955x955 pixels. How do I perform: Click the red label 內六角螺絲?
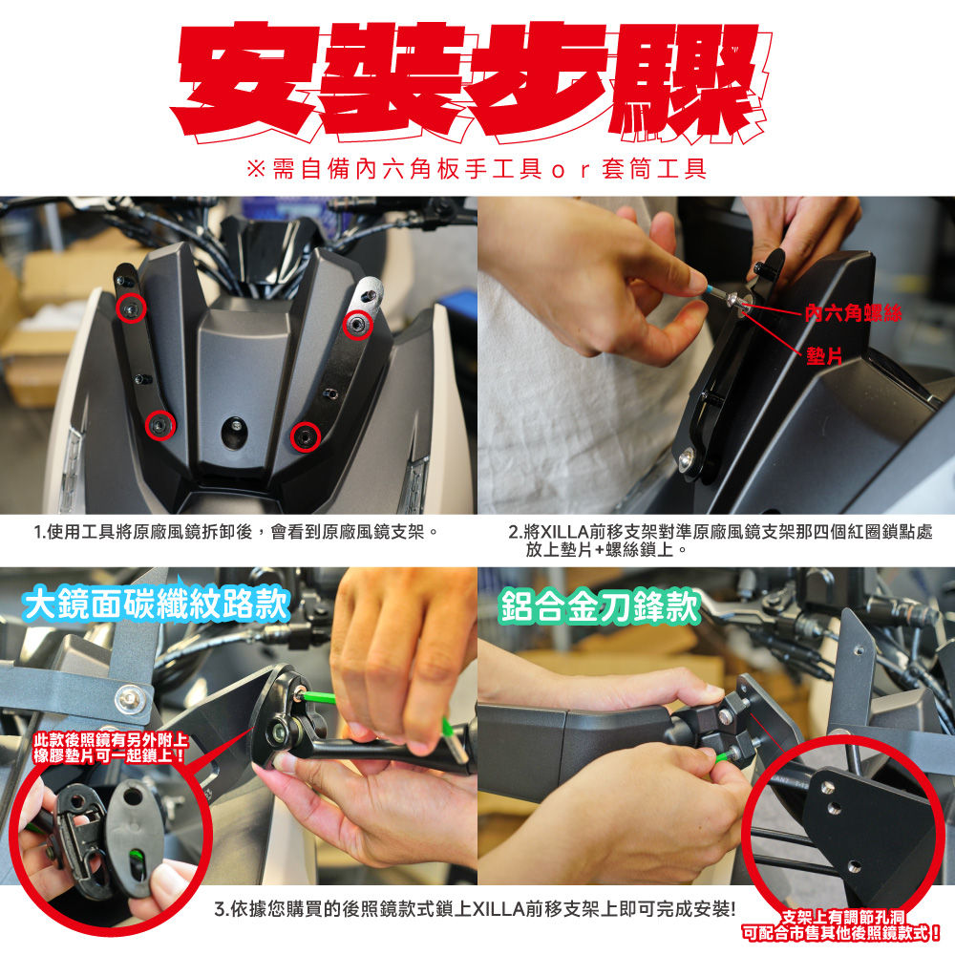point(853,313)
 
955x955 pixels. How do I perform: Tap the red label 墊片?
point(824,355)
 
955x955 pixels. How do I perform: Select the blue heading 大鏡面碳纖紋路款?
point(156,604)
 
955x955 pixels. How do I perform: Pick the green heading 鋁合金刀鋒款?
point(600,606)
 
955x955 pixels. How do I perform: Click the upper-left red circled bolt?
point(131,308)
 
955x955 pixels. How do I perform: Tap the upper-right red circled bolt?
point(357,324)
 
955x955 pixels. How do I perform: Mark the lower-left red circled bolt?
point(160,425)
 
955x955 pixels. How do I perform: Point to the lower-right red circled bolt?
point(306,436)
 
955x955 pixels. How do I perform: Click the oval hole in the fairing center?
point(234,433)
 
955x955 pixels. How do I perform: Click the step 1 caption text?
point(236,532)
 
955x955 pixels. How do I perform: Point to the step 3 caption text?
point(475,909)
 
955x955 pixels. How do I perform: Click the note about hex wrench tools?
point(477,169)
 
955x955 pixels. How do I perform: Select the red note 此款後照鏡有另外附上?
point(111,740)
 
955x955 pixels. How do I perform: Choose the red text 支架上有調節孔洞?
point(843,918)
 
